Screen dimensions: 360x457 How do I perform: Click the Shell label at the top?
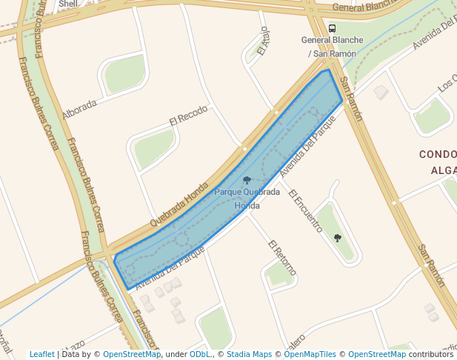[67, 4]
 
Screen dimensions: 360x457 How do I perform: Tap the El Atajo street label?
[262, 42]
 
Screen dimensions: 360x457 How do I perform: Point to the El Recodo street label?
[188, 117]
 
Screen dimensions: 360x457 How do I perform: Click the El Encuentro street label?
[305, 210]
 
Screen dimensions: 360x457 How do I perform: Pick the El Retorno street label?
[283, 256]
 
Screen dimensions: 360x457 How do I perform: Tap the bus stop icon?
[332, 29]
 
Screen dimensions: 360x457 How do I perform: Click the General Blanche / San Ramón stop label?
[332, 47]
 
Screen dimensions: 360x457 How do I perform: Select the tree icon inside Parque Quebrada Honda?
[247, 180]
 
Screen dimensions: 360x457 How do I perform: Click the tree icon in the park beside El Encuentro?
[338, 238]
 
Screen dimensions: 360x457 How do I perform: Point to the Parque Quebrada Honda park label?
[247, 199]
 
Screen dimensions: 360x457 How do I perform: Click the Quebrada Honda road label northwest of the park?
[179, 204]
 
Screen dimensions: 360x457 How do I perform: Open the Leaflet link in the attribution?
[42, 354]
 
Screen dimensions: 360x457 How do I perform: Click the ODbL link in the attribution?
[199, 354]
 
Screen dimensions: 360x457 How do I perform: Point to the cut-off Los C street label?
[447, 85]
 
